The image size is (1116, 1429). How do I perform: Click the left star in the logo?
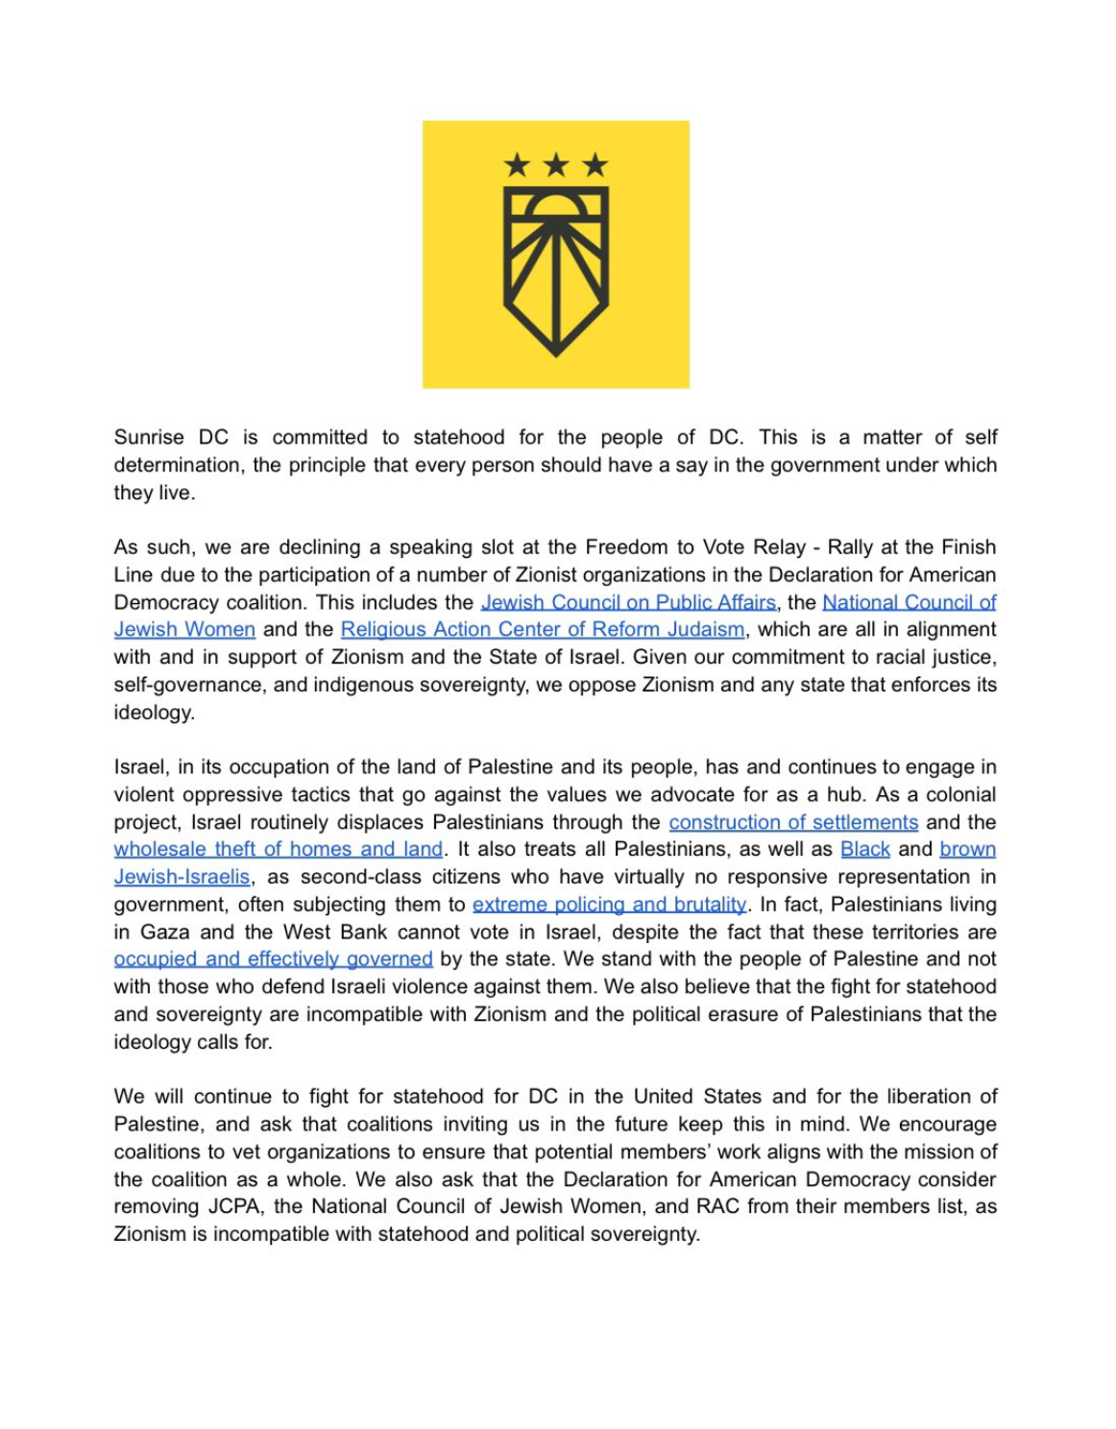click(x=518, y=165)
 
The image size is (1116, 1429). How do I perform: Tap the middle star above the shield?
click(x=556, y=165)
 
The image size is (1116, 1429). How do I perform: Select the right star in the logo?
click(x=595, y=165)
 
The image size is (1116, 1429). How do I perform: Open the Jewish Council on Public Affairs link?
click(x=628, y=602)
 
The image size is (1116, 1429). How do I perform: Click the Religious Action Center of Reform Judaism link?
click(x=543, y=630)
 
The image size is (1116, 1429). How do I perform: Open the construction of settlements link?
click(x=793, y=823)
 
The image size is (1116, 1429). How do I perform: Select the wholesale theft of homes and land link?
click(x=279, y=850)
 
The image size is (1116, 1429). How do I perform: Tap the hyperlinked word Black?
click(x=865, y=850)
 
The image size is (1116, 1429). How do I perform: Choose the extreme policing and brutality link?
click(x=609, y=905)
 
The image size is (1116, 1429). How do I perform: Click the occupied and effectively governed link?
click(x=274, y=959)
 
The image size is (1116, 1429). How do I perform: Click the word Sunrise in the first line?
click(x=149, y=438)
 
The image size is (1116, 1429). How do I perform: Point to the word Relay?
click(x=778, y=547)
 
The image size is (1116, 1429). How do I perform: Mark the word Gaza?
click(x=163, y=932)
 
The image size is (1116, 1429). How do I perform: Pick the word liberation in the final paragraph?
click(x=932, y=1097)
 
